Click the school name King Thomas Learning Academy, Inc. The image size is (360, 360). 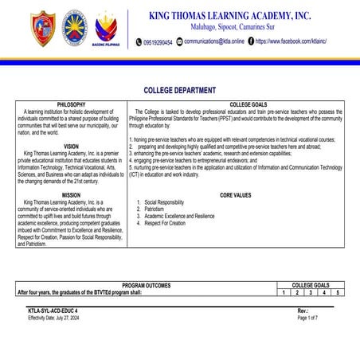[x=229, y=14]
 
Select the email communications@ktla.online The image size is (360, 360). [x=214, y=41]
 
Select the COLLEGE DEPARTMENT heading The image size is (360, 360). [x=179, y=92]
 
